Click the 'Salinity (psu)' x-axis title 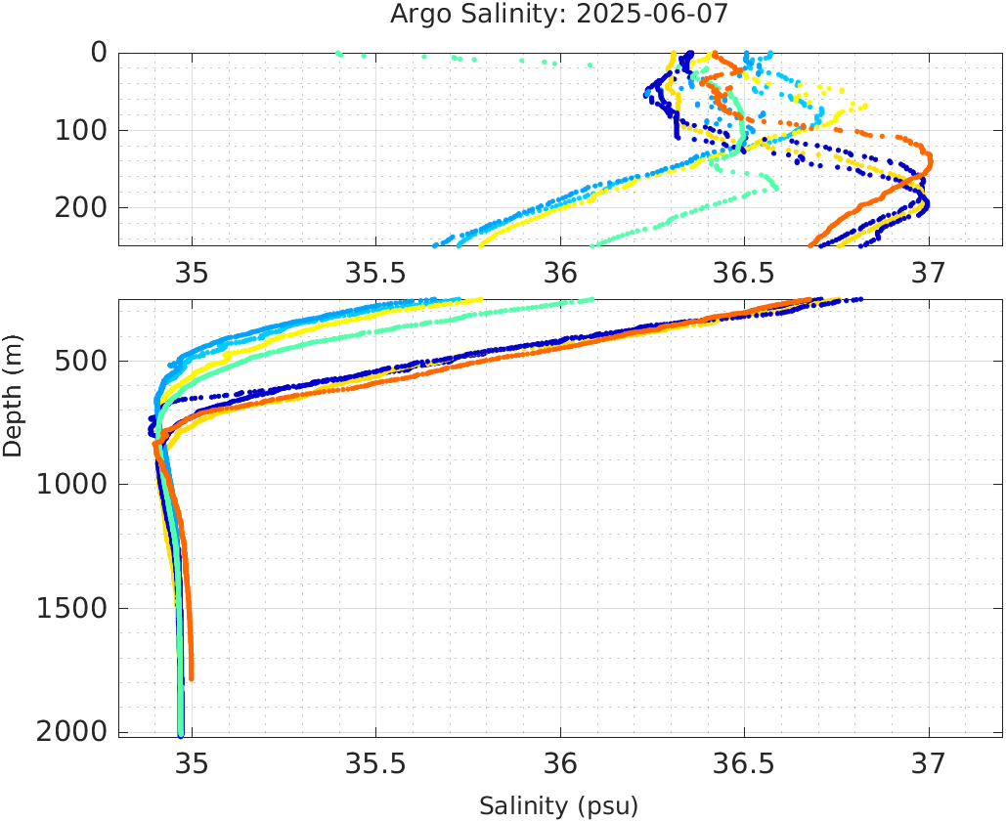pos(558,806)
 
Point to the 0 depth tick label pos(99,52)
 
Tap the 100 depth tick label pos(82,130)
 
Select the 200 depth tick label pos(82,207)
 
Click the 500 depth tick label pos(82,361)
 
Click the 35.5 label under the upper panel pos(376,273)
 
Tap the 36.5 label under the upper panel pos(744,273)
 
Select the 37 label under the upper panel pos(928,273)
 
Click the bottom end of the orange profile pos(191,677)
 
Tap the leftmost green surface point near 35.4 pos(338,54)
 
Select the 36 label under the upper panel pos(560,273)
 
